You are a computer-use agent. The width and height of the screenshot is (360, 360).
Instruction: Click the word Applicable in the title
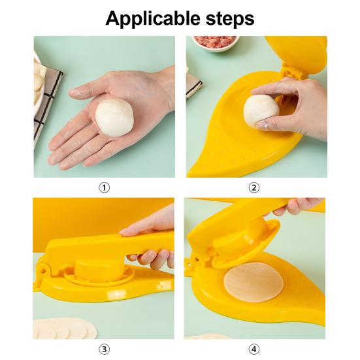[x=152, y=19]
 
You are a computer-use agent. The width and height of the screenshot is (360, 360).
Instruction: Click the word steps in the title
[x=230, y=19]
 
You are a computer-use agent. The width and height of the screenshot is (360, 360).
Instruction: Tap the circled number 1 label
[x=105, y=188]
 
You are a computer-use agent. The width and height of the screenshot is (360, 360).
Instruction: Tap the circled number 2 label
[x=254, y=188]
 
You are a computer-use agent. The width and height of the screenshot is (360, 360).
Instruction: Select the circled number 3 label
[x=105, y=350]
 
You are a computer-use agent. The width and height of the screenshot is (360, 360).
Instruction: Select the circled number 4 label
[x=254, y=350]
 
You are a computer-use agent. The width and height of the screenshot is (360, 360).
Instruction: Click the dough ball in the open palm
[x=114, y=118]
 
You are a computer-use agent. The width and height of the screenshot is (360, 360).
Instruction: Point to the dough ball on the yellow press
[x=261, y=110]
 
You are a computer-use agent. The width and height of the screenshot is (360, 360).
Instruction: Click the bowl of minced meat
[x=215, y=42]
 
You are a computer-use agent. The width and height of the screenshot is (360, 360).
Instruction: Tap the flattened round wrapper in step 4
[x=254, y=282]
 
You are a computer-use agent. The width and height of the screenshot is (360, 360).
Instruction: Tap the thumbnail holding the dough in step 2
[x=262, y=125]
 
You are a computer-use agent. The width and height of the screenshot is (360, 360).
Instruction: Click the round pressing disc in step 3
[x=99, y=268]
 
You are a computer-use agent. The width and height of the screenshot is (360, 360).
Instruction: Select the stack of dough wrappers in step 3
[x=65, y=329]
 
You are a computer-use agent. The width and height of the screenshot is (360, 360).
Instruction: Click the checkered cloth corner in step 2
[x=193, y=84]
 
